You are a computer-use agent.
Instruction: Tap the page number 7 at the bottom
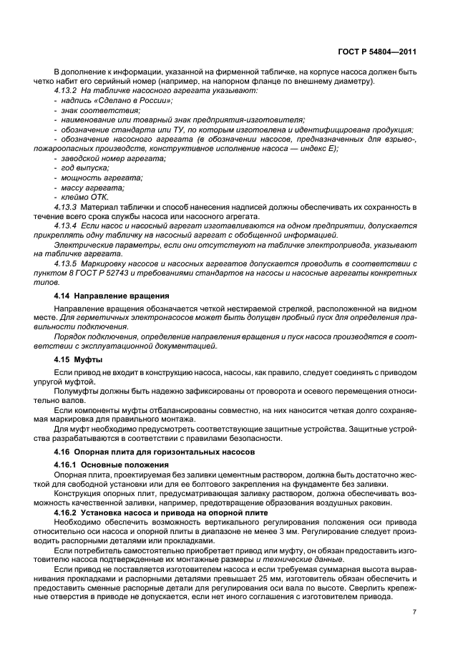414,611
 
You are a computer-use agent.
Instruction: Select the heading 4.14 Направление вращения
111,295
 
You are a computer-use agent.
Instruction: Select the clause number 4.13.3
67,207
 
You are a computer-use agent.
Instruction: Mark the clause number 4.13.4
67,225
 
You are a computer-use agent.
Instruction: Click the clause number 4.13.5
67,263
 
